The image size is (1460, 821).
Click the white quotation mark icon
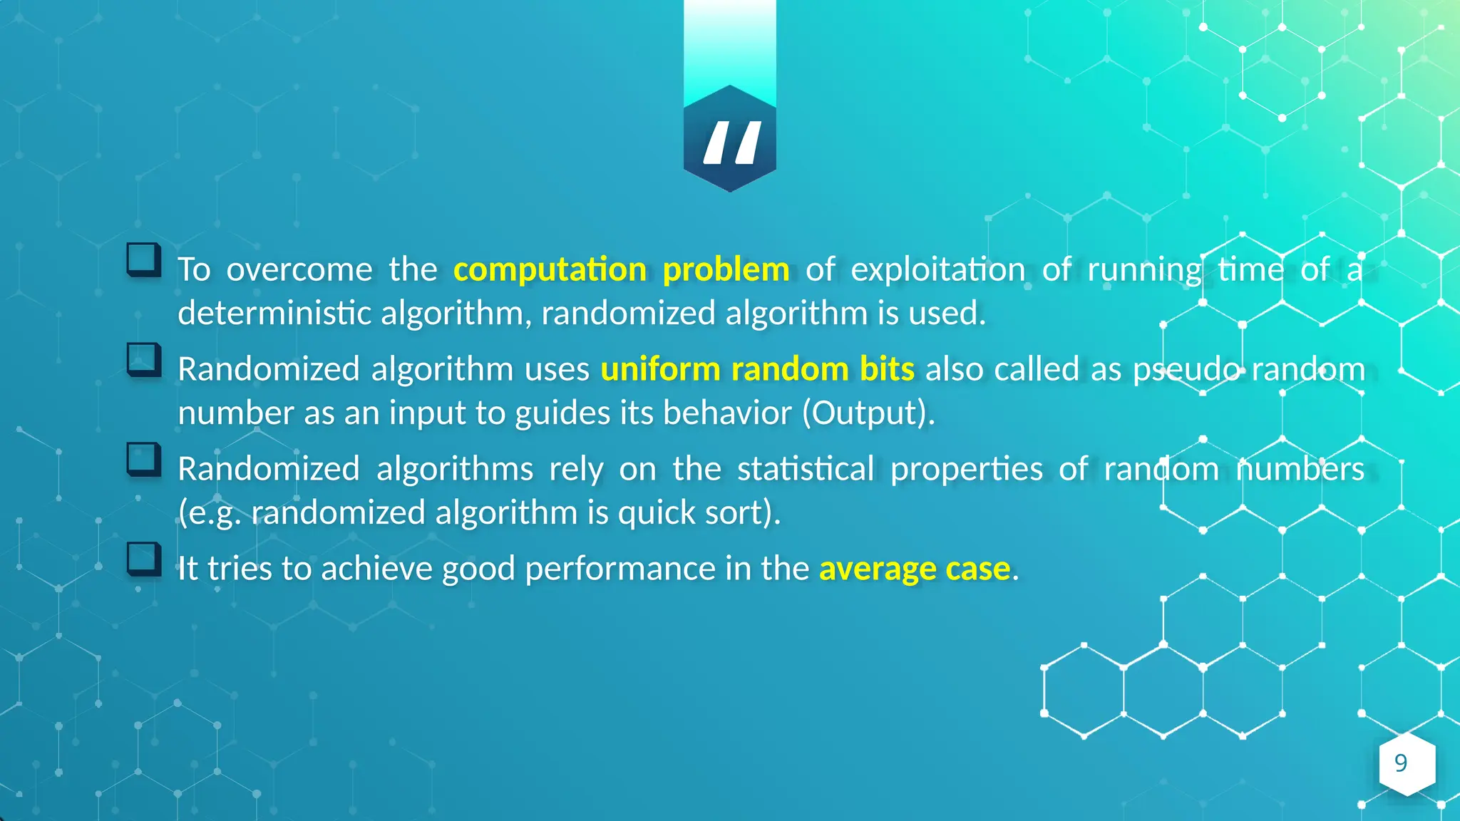coord(731,143)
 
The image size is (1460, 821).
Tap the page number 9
coord(1401,763)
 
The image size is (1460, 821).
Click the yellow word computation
coord(550,270)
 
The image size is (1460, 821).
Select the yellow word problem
coord(726,270)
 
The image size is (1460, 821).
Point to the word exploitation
coord(937,270)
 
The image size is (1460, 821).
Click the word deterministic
coord(274,314)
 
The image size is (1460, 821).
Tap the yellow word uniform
coord(660,369)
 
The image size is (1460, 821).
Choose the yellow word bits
coord(887,369)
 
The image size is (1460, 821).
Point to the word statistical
coord(806,469)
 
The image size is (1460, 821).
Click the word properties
coord(966,470)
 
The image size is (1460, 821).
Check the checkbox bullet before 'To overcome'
coord(143,259)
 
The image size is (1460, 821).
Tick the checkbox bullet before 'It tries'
coord(143,559)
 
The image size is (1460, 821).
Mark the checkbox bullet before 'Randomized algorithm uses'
coord(143,359)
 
